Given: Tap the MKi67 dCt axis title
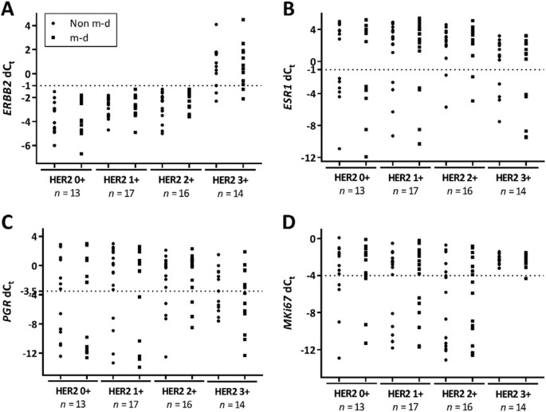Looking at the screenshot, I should tap(290, 299).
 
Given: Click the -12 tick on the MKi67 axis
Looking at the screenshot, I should tap(306, 351).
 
